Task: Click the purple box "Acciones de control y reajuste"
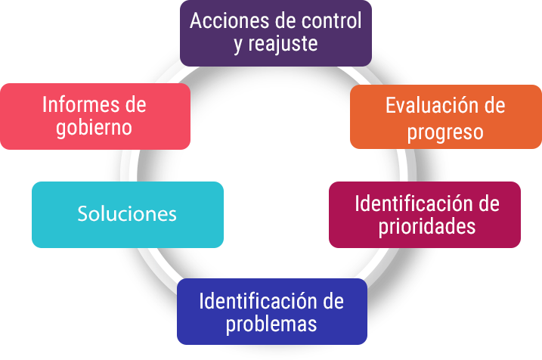[x=276, y=33]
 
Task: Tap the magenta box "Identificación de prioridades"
[x=425, y=215]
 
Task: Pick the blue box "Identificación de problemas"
[x=271, y=312]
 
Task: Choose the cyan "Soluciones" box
[x=127, y=214]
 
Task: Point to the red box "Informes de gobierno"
[x=94, y=115]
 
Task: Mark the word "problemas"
[x=271, y=325]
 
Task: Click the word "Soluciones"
[x=127, y=214]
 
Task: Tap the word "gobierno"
[x=94, y=127]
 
